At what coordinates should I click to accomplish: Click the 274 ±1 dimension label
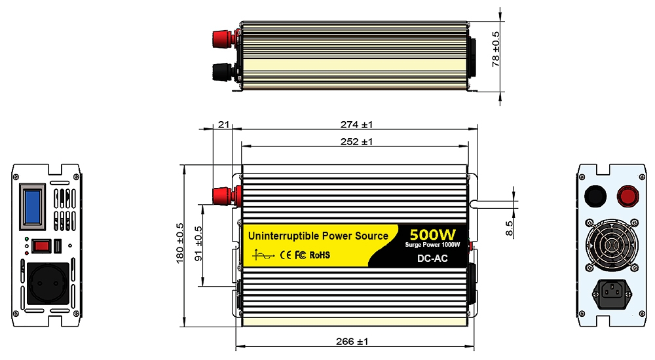pyautogui.click(x=356, y=124)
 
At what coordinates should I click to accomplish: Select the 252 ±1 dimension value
pyautogui.click(x=356, y=141)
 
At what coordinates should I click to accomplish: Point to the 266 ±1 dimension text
pyautogui.click(x=352, y=342)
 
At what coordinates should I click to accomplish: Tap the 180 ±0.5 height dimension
pyautogui.click(x=180, y=243)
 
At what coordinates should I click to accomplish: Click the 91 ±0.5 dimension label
pyautogui.click(x=199, y=243)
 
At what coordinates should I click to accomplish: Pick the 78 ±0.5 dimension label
pyautogui.click(x=496, y=49)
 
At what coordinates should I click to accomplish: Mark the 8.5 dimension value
pyautogui.click(x=509, y=229)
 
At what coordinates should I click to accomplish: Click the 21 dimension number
pyautogui.click(x=224, y=124)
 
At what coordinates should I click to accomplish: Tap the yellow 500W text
pyautogui.click(x=432, y=234)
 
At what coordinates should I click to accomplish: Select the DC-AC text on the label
pyautogui.click(x=432, y=259)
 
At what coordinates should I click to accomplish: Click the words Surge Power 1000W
pyautogui.click(x=432, y=245)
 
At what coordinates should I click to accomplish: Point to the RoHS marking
pyautogui.click(x=320, y=255)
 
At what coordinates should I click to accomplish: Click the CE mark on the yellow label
pyautogui.click(x=286, y=255)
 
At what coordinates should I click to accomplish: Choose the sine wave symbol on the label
pyautogui.click(x=263, y=255)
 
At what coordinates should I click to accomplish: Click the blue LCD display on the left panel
pyautogui.click(x=33, y=206)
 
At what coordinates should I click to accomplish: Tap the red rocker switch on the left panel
pyautogui.click(x=41, y=246)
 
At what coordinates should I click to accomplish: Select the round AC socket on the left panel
pyautogui.click(x=48, y=283)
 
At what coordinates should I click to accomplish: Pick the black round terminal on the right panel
pyautogui.click(x=595, y=196)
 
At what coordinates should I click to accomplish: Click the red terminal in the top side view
pyautogui.click(x=225, y=39)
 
